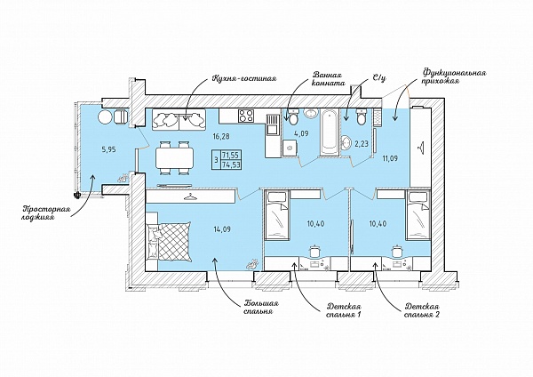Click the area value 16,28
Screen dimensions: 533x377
tap(221, 137)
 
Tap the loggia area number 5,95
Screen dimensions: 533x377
tap(109, 149)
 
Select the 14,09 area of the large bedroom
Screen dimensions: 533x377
tap(223, 229)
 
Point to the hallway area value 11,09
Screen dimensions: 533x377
tap(390, 158)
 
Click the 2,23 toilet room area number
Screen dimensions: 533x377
tap(362, 144)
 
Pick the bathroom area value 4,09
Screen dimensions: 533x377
tap(301, 133)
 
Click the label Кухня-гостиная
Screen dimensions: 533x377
tap(244, 78)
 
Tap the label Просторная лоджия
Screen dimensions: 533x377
tap(46, 213)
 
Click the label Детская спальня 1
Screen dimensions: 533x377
tap(343, 310)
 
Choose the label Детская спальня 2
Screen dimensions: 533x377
tap(422, 310)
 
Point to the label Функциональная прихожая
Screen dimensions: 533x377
tap(454, 76)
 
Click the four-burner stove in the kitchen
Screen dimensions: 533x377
tap(246, 116)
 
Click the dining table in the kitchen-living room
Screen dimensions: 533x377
tap(175, 158)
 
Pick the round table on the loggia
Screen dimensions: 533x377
tap(105, 117)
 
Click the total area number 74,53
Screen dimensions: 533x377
tap(231, 163)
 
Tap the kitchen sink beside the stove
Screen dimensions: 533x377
tap(273, 125)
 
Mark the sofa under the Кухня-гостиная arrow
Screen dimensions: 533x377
tap(179, 119)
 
